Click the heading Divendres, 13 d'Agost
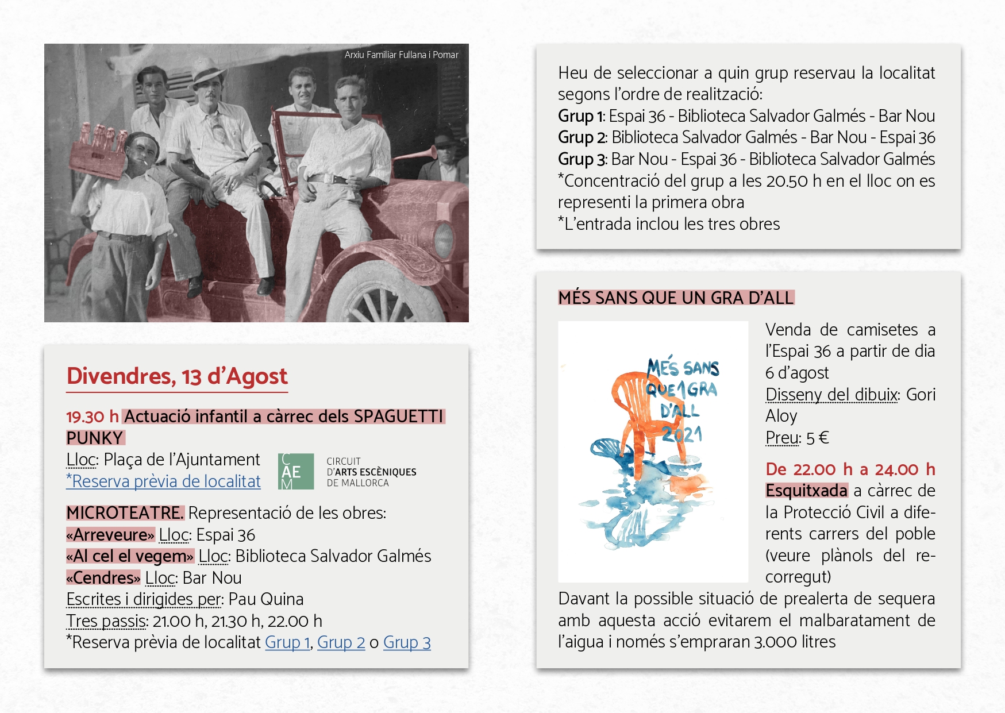(x=177, y=376)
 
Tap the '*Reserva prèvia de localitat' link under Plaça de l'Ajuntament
(x=163, y=481)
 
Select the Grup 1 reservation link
(x=288, y=642)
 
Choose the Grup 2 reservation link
(x=341, y=642)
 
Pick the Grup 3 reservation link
(x=407, y=642)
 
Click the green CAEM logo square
(x=296, y=472)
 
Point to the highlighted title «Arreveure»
(x=110, y=535)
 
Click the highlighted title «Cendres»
(x=103, y=578)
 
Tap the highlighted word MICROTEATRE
(x=125, y=513)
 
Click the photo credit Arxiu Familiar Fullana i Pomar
(x=401, y=55)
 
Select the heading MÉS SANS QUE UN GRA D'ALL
(x=676, y=298)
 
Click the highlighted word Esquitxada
(x=806, y=491)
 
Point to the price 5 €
(x=817, y=438)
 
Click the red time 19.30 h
(x=93, y=417)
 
